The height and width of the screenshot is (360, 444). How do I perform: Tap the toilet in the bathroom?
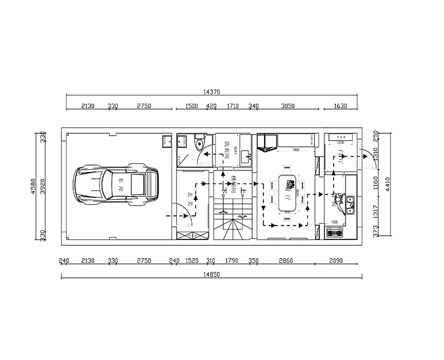point(200,143)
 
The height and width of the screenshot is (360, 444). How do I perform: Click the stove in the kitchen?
point(335,232)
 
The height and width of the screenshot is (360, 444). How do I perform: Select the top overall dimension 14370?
point(212,92)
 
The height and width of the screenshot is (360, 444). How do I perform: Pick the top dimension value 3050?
point(288,106)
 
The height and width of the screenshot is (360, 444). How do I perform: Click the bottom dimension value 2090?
point(337,261)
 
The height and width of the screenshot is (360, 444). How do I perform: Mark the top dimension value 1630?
point(340,106)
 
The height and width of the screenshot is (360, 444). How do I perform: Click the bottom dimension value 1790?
point(231,261)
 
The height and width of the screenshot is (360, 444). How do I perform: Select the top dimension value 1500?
point(191,106)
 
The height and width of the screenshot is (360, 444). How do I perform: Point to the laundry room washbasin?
point(246,158)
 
